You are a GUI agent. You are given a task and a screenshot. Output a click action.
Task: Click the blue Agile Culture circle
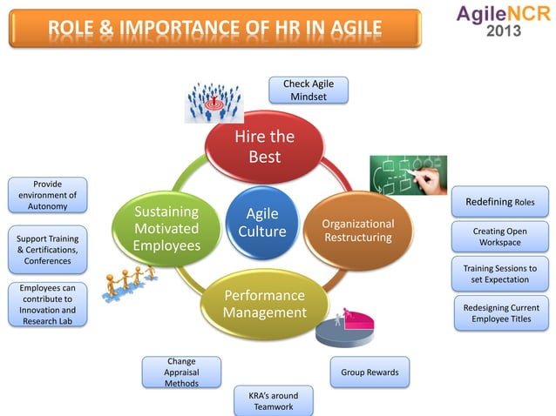pyautogui.click(x=262, y=222)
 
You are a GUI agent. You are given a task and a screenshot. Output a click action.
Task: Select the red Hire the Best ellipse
pyautogui.click(x=264, y=146)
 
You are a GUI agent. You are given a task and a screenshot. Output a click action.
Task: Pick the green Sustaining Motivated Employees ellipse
pyautogui.click(x=166, y=230)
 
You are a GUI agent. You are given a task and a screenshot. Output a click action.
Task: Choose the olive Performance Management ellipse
pyautogui.click(x=265, y=304)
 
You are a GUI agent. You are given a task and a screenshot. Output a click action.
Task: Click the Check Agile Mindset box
pyautogui.click(x=309, y=90)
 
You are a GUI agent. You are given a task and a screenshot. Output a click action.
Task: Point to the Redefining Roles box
pyautogui.click(x=499, y=202)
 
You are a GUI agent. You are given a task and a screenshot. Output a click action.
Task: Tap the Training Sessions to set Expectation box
pyautogui.click(x=499, y=274)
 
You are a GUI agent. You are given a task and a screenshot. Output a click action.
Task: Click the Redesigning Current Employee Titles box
pyautogui.click(x=500, y=313)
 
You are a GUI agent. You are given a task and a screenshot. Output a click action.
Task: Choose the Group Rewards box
pyautogui.click(x=370, y=372)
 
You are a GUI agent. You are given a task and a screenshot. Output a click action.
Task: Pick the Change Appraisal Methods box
pyautogui.click(x=181, y=372)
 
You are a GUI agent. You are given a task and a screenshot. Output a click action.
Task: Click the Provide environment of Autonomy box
pyautogui.click(x=41, y=195)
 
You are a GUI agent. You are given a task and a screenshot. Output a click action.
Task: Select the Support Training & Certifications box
pyautogui.click(x=42, y=250)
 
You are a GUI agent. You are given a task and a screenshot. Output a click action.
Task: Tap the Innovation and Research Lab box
pyautogui.click(x=42, y=305)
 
